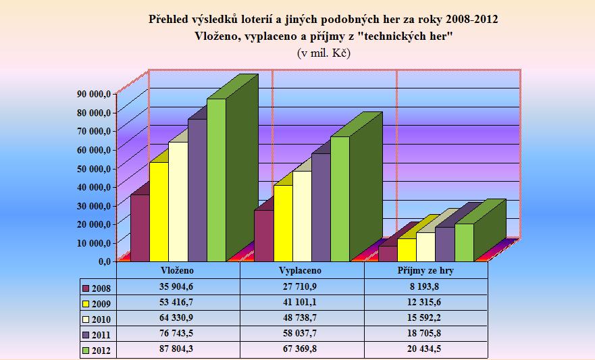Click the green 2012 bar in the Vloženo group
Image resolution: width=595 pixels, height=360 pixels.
point(216,179)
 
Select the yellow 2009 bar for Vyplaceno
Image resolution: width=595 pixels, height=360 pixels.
point(282,223)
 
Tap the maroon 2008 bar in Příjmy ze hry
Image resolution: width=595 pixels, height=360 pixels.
point(387,253)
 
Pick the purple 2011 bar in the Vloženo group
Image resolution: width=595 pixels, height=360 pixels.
point(197,189)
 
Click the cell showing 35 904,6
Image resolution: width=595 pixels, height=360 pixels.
point(178,286)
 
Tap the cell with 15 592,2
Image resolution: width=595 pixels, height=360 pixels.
point(425,318)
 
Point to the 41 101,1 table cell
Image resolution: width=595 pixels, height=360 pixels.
point(302,302)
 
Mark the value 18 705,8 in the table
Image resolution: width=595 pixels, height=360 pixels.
point(425,334)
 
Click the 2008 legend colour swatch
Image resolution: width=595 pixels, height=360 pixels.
point(85,286)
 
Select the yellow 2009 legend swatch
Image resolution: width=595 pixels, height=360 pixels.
point(85,303)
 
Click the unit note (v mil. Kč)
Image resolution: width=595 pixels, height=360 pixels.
point(324,53)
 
